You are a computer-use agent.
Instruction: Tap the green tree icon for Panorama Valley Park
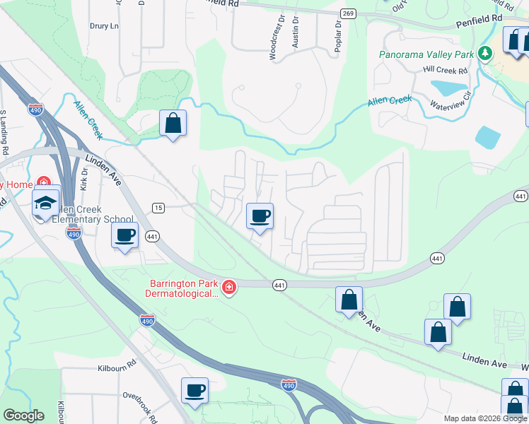tap(484, 53)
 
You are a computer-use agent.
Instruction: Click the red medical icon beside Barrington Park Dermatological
tap(228, 287)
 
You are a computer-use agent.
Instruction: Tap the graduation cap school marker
tap(46, 203)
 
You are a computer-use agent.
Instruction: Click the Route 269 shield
tap(347, 13)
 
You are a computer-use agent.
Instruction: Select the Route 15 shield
tap(158, 206)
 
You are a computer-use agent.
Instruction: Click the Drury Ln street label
tap(104, 26)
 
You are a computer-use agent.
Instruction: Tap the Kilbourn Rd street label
tap(117, 368)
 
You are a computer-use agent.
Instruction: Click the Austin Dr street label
tap(296, 34)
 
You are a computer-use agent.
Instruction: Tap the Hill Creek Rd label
tap(446, 71)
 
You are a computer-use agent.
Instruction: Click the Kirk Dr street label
tap(83, 177)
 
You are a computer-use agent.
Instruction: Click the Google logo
tap(23, 416)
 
